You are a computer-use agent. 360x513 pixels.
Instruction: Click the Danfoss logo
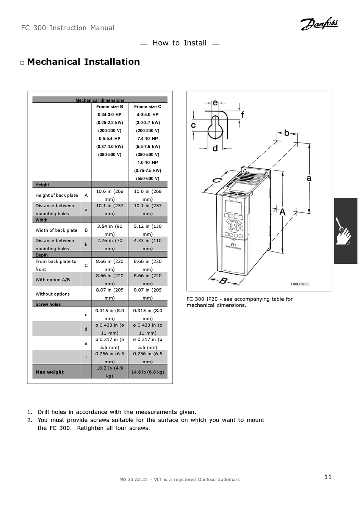319,24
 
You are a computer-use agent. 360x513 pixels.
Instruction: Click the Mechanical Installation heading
83,62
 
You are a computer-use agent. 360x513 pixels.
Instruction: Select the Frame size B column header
110,107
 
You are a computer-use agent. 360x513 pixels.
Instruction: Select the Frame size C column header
147,107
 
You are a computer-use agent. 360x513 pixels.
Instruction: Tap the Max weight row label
50,372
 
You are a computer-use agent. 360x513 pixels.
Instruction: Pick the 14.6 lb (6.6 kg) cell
147,372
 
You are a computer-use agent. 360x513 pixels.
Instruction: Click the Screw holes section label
48,304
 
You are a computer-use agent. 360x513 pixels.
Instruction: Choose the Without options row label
53,294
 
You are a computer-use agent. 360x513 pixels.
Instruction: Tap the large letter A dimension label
283,213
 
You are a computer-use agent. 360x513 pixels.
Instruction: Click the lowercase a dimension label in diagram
309,178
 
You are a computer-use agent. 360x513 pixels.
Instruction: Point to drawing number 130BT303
299,284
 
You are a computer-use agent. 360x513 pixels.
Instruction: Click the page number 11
328,477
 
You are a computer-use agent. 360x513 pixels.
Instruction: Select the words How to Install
179,43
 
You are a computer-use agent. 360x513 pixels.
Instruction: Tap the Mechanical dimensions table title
100,100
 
